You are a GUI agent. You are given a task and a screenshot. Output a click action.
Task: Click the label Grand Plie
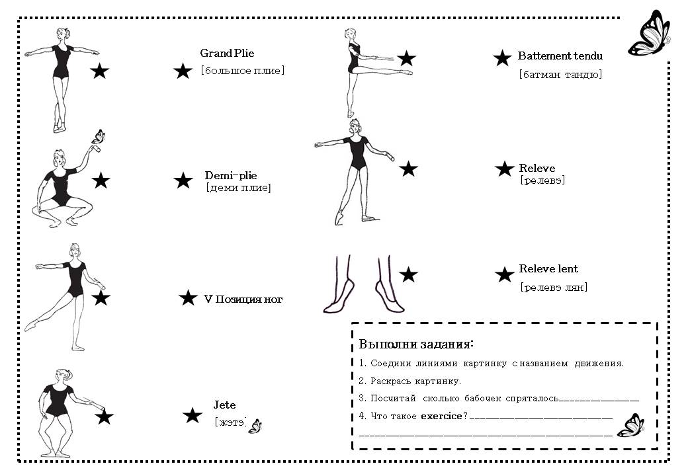point(227,54)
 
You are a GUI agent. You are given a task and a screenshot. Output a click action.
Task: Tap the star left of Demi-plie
point(183,180)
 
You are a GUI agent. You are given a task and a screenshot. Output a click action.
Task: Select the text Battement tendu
point(560,56)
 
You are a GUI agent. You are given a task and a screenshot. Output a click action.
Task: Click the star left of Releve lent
point(505,275)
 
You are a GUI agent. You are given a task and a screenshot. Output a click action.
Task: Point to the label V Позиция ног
point(243,299)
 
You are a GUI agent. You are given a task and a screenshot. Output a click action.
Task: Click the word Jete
point(224,405)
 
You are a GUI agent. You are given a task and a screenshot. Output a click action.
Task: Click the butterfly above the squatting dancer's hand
point(98,137)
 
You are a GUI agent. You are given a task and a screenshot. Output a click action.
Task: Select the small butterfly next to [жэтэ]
point(255,426)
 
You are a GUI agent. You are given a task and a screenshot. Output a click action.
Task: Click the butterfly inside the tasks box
point(630,426)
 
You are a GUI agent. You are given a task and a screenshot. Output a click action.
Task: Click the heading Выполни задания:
point(416,344)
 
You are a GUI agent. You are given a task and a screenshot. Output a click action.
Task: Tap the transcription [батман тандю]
point(560,74)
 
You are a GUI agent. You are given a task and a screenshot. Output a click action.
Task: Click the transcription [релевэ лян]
point(553,287)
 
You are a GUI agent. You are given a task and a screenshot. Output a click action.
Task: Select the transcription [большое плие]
point(242,70)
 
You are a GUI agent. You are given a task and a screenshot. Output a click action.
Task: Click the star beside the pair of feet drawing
point(408,274)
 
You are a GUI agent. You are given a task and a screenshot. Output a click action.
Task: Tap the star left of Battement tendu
point(502,58)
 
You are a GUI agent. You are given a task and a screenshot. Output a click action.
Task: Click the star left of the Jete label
point(192,416)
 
